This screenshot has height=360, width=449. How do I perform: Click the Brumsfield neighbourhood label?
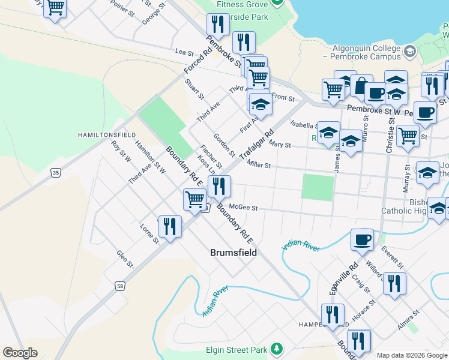[234, 253]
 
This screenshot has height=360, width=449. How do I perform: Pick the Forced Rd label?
[199, 62]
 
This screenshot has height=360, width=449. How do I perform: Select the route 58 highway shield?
[121, 287]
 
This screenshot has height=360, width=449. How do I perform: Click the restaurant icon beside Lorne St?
[170, 226]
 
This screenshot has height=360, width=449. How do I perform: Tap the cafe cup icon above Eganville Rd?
[362, 239]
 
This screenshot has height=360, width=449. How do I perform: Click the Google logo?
[20, 352]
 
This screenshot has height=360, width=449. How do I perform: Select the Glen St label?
[124, 259]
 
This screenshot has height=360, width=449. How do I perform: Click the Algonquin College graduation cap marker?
[410, 52]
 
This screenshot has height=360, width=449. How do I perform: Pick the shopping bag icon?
[361, 86]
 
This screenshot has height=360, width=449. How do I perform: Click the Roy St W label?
[121, 152]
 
